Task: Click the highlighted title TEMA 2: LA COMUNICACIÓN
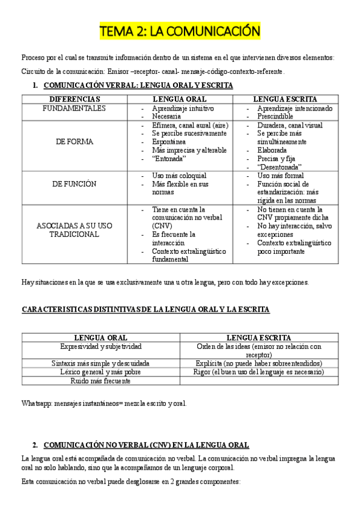180,31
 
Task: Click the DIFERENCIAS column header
75,99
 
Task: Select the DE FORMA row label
74,141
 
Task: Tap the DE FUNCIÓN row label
74,184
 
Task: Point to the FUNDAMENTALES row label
74,108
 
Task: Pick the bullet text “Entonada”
169,158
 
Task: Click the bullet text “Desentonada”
279,167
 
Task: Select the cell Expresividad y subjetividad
101,346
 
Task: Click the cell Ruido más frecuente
101,381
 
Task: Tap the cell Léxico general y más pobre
101,372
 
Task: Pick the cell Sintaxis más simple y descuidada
101,363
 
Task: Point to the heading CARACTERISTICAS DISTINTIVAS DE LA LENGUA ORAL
145,309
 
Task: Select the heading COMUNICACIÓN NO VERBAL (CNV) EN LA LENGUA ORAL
147,444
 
